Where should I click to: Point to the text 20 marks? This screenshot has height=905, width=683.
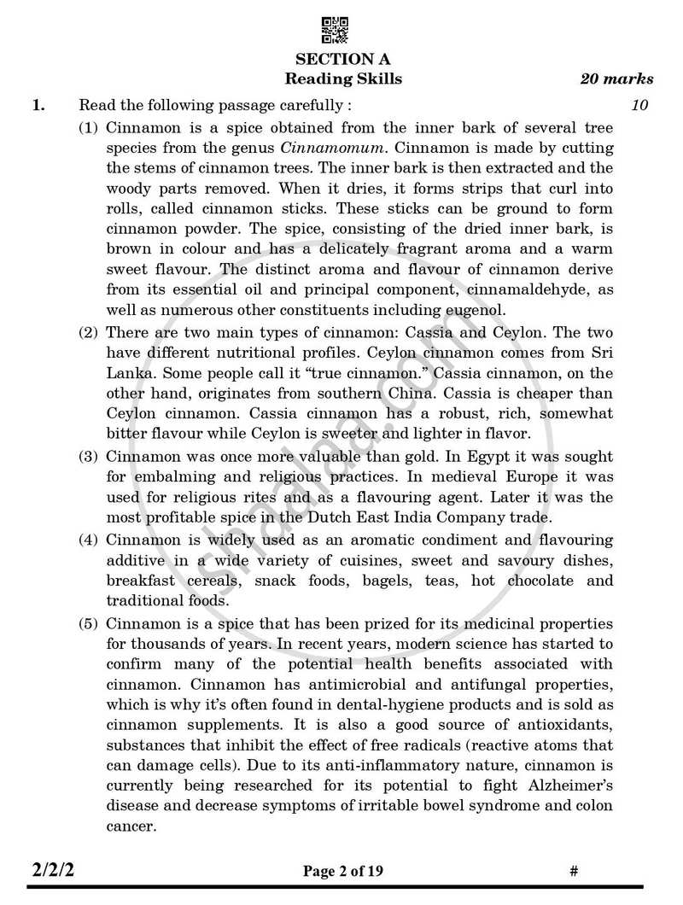616,79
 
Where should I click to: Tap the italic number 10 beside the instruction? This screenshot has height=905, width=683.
640,106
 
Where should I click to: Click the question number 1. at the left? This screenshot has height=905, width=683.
38,107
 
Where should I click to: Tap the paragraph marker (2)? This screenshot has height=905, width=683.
89,332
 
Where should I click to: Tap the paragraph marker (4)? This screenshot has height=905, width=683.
89,540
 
